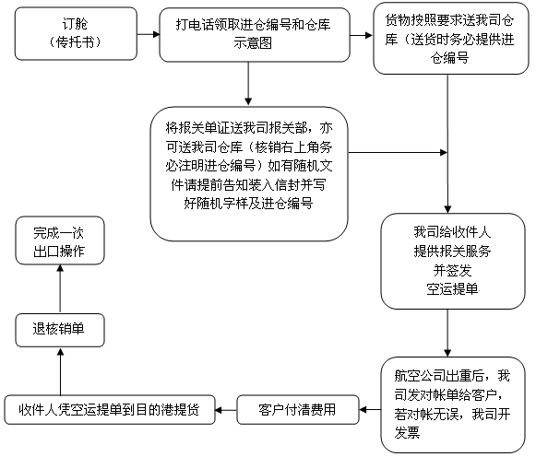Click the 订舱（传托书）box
76,33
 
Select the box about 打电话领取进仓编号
255,35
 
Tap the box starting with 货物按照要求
451,38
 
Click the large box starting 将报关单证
249,174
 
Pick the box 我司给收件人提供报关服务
453,261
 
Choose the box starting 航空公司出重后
453,404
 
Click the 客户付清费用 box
298,410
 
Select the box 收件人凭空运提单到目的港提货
110,410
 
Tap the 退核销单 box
60,330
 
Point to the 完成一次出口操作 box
60,240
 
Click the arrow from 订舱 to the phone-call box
149,34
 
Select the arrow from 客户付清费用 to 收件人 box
226,410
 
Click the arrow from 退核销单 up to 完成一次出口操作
60,289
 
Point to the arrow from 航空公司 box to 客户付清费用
370,410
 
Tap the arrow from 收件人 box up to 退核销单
61,371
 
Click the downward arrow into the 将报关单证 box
248,84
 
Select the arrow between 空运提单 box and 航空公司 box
447,334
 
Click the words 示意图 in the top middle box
253,43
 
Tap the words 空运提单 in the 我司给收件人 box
452,289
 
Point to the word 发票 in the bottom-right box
407,433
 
